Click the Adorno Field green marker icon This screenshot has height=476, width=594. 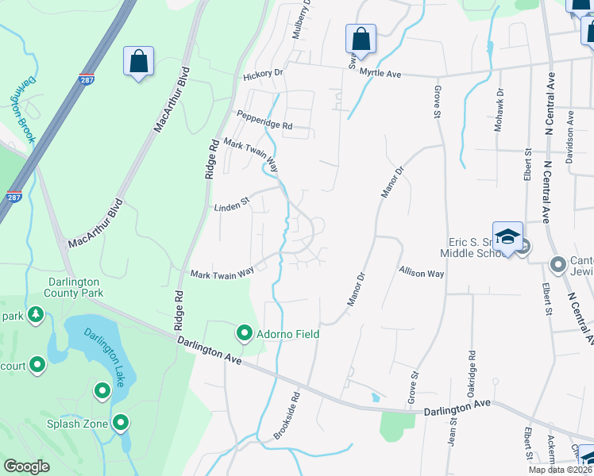coord(245,332)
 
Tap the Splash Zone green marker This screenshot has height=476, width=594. coord(121,422)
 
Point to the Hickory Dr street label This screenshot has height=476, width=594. coord(263,74)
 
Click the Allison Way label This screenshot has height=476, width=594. coord(421,272)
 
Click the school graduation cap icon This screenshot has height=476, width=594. coord(507,236)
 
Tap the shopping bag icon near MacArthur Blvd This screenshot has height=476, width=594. coord(138,61)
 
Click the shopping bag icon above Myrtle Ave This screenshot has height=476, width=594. coord(361,39)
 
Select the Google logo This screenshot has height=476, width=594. coord(27,466)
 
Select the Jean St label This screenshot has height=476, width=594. coord(452,436)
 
